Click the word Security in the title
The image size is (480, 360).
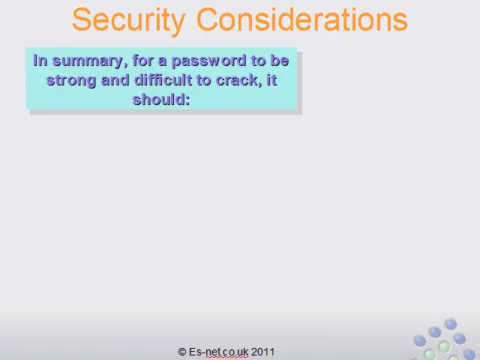128,21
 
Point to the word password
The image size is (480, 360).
209,61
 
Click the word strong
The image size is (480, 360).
71,81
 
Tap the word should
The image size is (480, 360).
159,100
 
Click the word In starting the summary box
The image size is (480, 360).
40,60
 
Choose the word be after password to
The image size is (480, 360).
280,60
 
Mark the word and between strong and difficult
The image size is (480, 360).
115,80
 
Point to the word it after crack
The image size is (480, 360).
271,80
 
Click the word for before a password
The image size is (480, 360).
142,60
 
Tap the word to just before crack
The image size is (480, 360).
203,80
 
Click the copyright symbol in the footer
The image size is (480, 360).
182,352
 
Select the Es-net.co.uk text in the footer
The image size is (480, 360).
218,352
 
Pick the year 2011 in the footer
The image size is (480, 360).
263,352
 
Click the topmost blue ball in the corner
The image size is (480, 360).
451,324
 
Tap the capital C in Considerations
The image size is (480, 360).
208,19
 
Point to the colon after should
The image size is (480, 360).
187,100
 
